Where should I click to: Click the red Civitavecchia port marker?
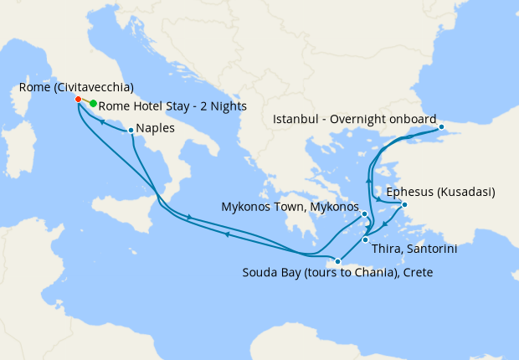pos(78,99)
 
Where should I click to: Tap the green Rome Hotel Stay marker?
pos(93,104)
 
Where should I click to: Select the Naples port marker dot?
pos(131,130)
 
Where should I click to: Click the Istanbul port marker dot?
pos(443,128)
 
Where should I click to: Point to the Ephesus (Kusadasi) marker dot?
pos(404,204)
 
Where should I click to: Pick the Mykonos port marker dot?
pos(365,214)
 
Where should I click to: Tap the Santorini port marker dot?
pos(365,240)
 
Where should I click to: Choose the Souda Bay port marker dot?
pos(337,261)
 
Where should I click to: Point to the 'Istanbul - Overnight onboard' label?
pos(355,118)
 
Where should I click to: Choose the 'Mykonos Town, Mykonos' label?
pos(290,206)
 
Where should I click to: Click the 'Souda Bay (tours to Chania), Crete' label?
pos(337,273)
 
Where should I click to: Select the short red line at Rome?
pos(85,101)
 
